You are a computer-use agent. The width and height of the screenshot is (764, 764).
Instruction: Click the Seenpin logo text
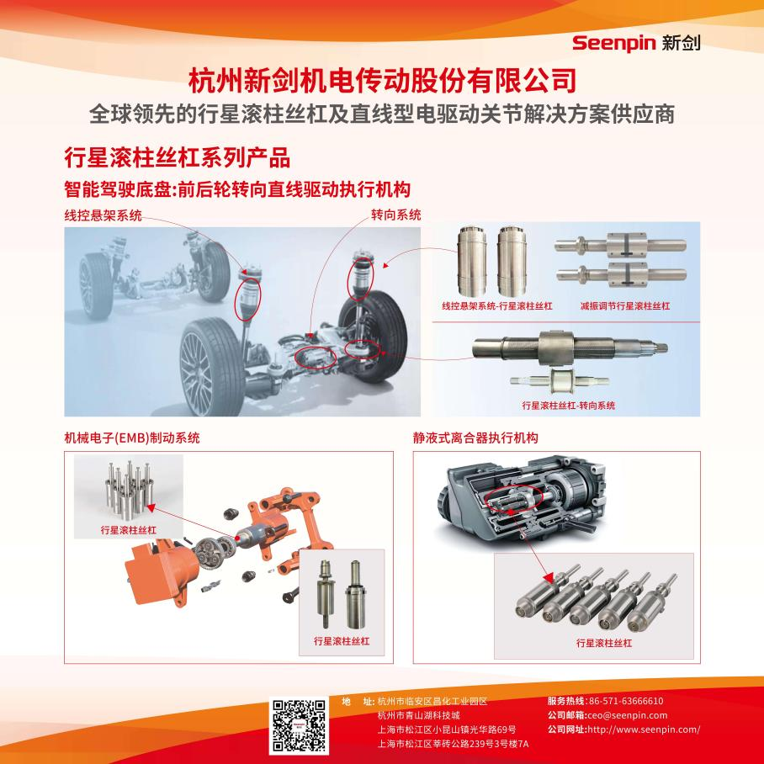[613, 43]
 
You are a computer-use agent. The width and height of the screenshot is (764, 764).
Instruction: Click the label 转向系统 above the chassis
[395, 215]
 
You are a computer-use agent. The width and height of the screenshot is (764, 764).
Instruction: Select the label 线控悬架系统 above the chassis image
[103, 215]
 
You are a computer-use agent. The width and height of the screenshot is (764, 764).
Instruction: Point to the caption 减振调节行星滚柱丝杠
[624, 306]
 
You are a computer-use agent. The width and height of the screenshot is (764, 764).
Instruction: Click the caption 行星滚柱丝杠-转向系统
[568, 406]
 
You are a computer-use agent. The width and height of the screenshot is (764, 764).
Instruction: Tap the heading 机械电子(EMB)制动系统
[131, 438]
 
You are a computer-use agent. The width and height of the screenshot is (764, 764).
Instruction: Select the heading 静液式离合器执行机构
[475, 438]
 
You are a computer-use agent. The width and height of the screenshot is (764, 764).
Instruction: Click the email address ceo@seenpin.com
[627, 715]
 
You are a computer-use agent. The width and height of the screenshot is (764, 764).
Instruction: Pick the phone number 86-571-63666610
[626, 701]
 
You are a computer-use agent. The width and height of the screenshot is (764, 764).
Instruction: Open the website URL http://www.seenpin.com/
[644, 730]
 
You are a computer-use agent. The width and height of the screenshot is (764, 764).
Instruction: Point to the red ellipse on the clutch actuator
[515, 498]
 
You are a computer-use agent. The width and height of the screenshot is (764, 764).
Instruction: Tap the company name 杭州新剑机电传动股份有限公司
[383, 81]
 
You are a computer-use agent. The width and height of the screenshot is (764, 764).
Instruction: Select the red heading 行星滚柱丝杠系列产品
[178, 157]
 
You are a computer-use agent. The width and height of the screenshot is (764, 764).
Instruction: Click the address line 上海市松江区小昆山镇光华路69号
[447, 730]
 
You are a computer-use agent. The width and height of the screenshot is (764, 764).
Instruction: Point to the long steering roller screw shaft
[570, 348]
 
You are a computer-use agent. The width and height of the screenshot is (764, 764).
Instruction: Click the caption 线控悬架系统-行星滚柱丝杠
[497, 306]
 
